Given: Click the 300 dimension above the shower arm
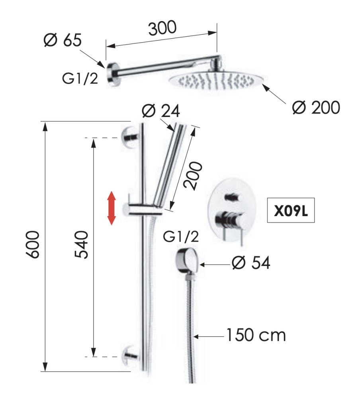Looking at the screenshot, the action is point(162,28).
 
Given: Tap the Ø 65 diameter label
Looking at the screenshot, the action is point(63,40).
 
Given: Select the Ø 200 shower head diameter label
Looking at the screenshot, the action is point(316,107).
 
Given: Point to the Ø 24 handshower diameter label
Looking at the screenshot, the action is point(161,111).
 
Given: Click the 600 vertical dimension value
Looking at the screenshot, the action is point(33,244).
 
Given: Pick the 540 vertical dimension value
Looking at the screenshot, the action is point(81,244).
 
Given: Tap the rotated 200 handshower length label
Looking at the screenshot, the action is point(193,175).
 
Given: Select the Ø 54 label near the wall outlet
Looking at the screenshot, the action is point(251,262).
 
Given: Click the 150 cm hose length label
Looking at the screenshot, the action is point(256,335).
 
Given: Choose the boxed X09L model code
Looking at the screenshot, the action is point(291,211).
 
